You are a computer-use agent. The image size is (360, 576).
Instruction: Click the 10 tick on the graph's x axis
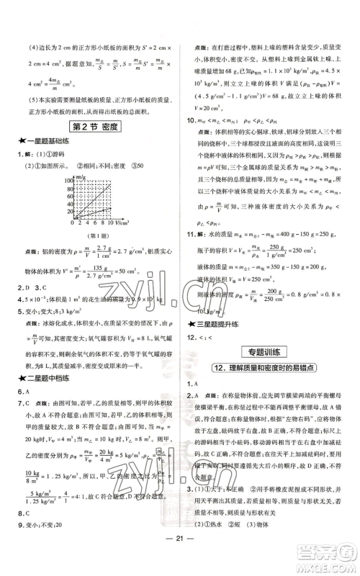tap(112, 222)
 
